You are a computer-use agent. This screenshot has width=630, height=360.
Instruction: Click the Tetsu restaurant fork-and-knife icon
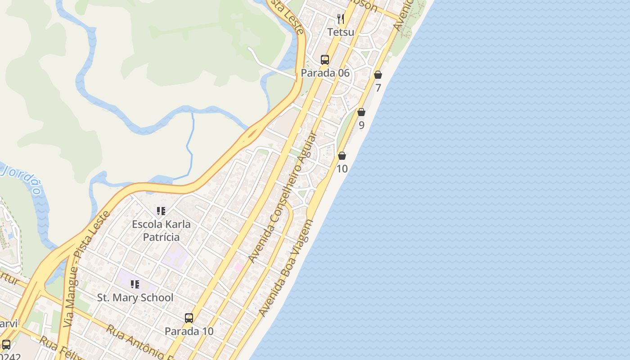(341, 19)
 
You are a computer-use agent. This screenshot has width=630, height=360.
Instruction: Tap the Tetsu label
(341, 32)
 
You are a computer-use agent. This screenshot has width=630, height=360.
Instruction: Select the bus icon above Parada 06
(325, 59)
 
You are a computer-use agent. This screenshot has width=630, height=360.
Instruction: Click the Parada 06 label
(325, 73)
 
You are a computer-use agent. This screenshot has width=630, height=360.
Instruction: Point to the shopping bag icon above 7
(378, 75)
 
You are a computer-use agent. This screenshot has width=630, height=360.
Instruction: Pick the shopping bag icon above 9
(361, 112)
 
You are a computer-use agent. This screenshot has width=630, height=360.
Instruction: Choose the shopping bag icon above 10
(342, 156)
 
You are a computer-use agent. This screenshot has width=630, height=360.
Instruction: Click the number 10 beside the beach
(342, 169)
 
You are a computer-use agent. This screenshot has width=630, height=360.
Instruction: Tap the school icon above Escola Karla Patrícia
(161, 211)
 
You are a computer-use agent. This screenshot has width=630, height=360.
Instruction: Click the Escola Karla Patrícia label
(161, 230)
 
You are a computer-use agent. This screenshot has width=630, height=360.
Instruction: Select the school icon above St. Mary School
(135, 284)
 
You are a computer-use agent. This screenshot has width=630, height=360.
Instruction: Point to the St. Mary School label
(135, 297)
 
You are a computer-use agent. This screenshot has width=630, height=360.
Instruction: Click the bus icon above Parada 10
(189, 318)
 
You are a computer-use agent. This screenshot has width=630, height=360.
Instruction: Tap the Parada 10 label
(189, 331)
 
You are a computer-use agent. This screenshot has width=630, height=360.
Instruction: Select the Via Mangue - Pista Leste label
(86, 269)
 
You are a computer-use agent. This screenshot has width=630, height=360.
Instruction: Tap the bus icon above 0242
(6, 345)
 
